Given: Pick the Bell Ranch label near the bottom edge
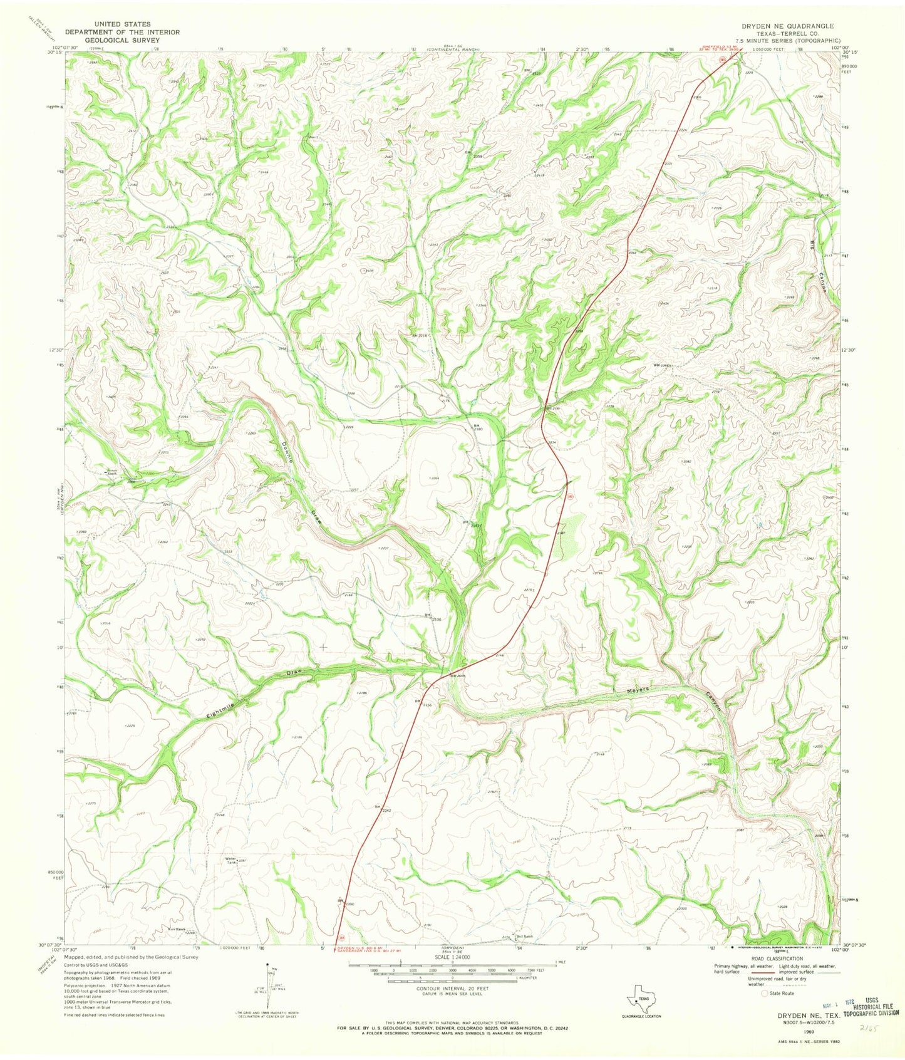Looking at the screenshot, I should click(524, 937).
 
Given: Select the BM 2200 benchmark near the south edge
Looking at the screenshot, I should click(346, 903).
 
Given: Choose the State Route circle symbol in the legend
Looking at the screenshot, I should click(764, 994).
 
